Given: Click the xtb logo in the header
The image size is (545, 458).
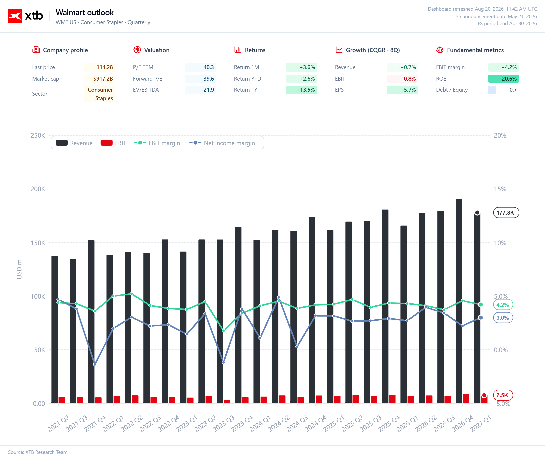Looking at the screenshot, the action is pos(26,16).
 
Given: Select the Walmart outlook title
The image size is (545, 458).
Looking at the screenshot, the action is pos(85,12).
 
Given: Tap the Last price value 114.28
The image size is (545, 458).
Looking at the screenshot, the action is pos(105,67).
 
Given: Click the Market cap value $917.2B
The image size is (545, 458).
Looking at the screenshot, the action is pos(103,79).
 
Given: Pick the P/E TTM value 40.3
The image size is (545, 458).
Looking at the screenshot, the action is pos(209,67).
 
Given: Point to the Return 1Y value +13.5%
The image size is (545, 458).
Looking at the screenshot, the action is pos(306,90).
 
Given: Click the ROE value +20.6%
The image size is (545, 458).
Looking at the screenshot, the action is pos(507,79).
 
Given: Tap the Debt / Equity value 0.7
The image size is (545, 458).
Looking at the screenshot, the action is pos(513,90).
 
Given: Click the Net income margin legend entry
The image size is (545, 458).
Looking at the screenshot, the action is pos(222,143).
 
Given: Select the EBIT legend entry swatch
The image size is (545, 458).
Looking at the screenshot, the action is pos(106,143).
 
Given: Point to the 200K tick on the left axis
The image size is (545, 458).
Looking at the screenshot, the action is pos(38,189).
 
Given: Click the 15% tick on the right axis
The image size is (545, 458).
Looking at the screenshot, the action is pos(500,189).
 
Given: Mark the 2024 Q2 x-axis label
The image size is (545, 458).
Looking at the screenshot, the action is pos(279,423).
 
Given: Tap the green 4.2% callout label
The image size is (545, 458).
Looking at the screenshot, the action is pos(503,305).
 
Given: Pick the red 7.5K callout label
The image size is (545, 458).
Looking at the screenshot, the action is pos(503,395).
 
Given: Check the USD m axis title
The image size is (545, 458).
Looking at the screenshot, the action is pos(19,269).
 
